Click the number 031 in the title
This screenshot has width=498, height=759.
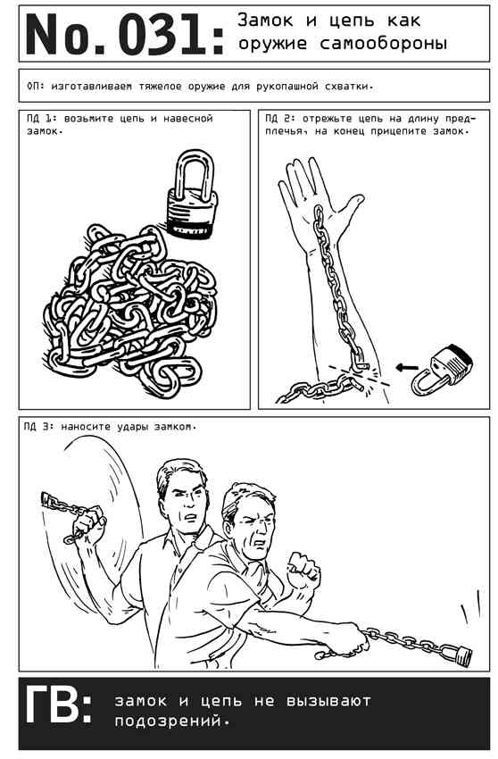(163, 34)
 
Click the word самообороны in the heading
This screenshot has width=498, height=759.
(384, 44)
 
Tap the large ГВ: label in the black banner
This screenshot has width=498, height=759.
(58, 705)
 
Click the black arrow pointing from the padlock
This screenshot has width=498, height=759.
(407, 367)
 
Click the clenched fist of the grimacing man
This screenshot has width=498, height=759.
(303, 566)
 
